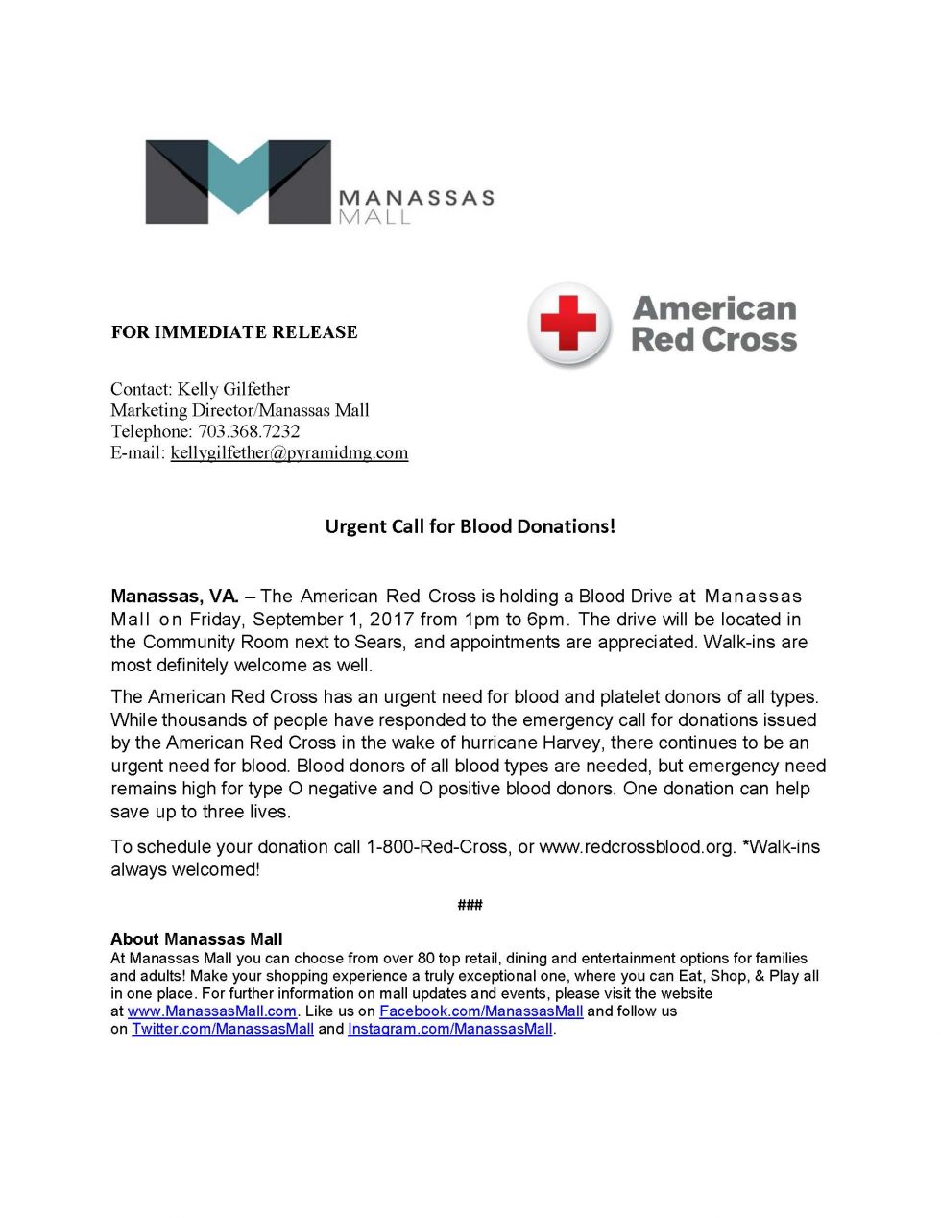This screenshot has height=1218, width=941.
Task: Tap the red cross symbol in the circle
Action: (x=568, y=324)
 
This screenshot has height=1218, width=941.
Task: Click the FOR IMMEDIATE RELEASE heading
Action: (x=234, y=332)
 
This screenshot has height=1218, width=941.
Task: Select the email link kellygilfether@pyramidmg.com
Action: (x=289, y=452)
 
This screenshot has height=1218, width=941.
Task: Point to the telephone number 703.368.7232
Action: (x=249, y=431)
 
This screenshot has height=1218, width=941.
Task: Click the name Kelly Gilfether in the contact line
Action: (x=233, y=389)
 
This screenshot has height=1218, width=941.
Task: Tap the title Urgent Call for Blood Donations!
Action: (x=470, y=526)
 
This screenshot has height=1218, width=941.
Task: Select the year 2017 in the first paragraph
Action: (x=392, y=620)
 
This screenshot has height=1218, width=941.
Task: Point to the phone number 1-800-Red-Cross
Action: (x=437, y=847)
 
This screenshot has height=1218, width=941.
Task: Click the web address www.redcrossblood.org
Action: (x=637, y=847)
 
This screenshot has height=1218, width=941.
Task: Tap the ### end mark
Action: (x=470, y=905)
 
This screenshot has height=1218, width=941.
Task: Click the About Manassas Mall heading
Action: (x=197, y=939)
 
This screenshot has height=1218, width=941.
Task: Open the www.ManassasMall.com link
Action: (x=211, y=1011)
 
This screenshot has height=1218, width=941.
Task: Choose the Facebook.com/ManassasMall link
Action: (x=481, y=1011)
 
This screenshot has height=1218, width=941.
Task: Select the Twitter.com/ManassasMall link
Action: (x=223, y=1029)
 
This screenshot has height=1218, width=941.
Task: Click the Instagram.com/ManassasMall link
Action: (x=450, y=1029)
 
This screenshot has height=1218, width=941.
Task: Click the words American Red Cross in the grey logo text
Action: (x=714, y=324)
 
